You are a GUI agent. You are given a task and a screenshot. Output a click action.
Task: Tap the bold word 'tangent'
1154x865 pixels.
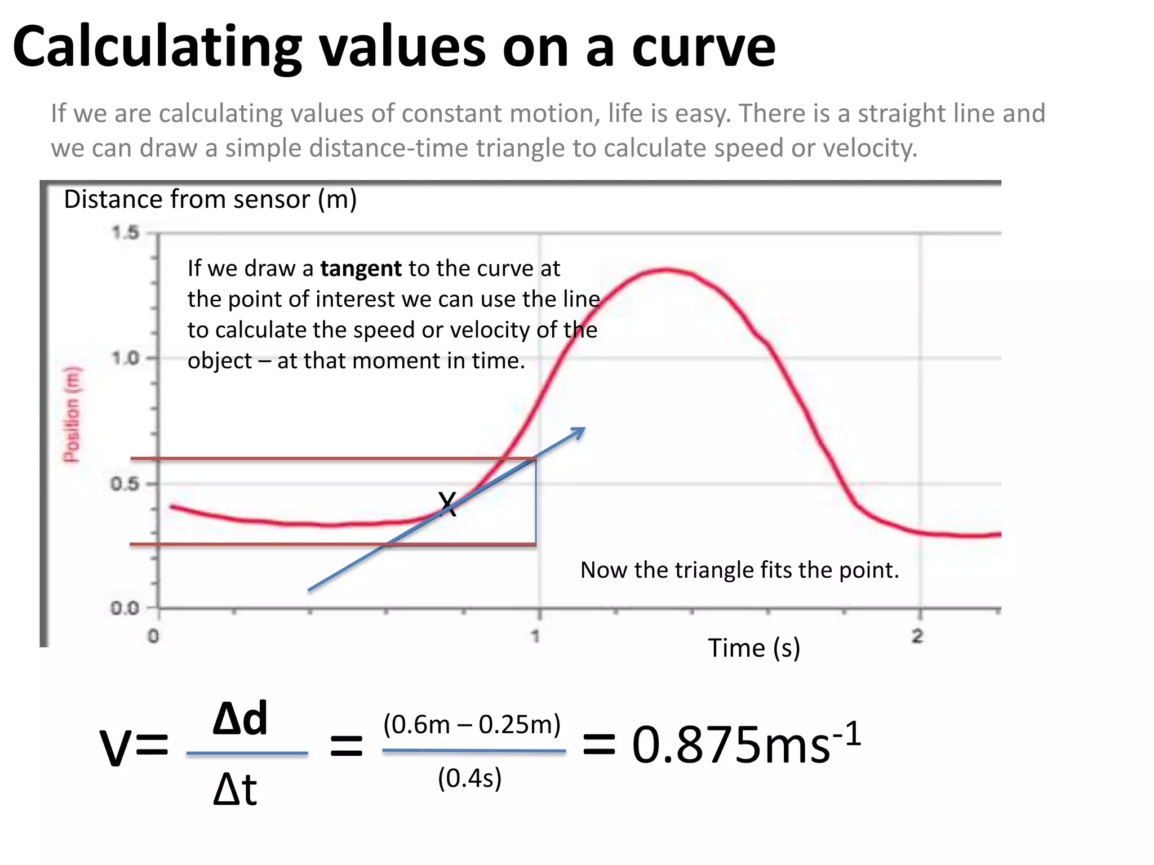click(361, 269)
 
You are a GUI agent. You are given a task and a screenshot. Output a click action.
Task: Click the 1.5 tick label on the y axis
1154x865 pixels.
click(125, 233)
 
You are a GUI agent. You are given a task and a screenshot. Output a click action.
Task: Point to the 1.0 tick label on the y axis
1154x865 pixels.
click(125, 358)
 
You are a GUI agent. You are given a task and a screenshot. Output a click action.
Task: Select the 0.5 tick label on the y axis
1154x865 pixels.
click(125, 484)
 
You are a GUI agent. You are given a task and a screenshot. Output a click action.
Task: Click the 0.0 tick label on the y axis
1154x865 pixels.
click(125, 608)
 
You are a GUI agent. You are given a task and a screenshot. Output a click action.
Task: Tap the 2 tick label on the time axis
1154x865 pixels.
click(918, 636)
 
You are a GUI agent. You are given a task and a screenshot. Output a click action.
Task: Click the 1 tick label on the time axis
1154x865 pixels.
click(535, 636)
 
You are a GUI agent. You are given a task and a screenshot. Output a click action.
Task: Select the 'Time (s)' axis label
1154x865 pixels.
click(754, 648)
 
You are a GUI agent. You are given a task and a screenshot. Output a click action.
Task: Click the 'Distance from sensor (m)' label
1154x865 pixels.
click(210, 199)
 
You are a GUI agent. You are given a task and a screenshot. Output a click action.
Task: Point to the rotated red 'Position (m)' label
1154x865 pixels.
click(72, 414)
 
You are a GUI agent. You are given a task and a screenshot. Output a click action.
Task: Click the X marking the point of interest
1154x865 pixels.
click(447, 503)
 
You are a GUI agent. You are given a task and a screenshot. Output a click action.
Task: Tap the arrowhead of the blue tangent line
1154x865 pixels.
click(580, 431)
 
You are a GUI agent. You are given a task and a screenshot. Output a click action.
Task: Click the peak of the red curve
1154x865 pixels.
click(667, 270)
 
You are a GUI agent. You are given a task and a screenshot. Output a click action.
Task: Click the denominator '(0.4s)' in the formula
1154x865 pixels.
click(470, 778)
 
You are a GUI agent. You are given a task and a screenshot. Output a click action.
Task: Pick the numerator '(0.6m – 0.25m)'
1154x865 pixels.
click(472, 724)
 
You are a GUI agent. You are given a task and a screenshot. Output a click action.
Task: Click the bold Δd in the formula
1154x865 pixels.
click(240, 719)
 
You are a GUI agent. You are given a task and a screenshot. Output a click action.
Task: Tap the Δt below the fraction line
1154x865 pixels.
click(235, 790)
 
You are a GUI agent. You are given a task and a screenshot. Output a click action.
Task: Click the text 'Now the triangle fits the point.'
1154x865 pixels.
click(739, 570)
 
